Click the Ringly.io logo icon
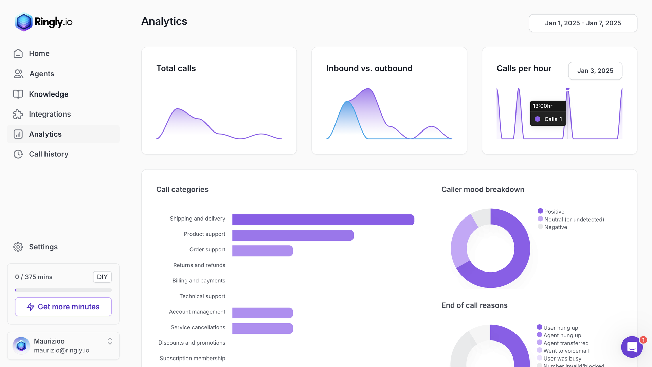pyautogui.click(x=24, y=22)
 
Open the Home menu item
pyautogui.click(x=39, y=53)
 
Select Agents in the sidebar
pyautogui.click(x=41, y=74)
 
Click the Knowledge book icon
pyautogui.click(x=18, y=94)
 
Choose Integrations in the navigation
pyautogui.click(x=50, y=114)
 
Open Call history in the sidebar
pyautogui.click(x=49, y=154)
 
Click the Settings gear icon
pyautogui.click(x=18, y=247)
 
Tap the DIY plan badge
pyautogui.click(x=102, y=277)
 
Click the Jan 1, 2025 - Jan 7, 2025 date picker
pyautogui.click(x=583, y=23)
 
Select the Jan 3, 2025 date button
pyautogui.click(x=595, y=71)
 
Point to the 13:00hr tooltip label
pyautogui.click(x=542, y=106)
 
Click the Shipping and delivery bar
pyautogui.click(x=323, y=220)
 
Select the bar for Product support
pyautogui.click(x=293, y=235)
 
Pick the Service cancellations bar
pyautogui.click(x=262, y=328)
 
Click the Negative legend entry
pyautogui.click(x=555, y=227)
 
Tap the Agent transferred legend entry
pyautogui.click(x=566, y=343)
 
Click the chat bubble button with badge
pyautogui.click(x=632, y=347)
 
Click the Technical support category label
pyautogui.click(x=202, y=296)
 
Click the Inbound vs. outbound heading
pyautogui.click(x=369, y=68)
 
